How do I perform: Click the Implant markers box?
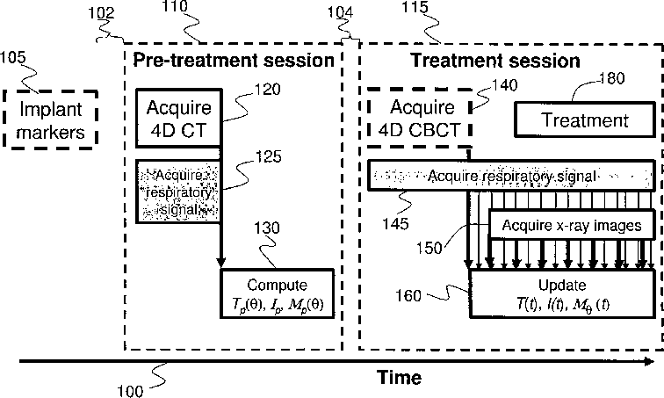click(51, 119)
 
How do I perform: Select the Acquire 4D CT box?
click(178, 118)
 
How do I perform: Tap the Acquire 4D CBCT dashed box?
click(419, 118)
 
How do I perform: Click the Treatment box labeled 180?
click(585, 119)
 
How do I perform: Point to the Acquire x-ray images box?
click(572, 225)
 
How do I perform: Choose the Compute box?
click(278, 293)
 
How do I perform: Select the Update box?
click(562, 293)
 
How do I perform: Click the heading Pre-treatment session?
click(234, 60)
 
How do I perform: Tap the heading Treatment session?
click(495, 61)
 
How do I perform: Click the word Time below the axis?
click(399, 377)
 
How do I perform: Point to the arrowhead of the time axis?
click(650, 361)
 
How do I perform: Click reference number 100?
click(130, 391)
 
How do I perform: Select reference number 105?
click(12, 57)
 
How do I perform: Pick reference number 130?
click(267, 228)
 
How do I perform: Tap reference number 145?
click(395, 223)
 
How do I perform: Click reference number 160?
click(408, 295)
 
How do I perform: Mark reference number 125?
click(268, 156)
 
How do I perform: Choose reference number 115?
click(415, 7)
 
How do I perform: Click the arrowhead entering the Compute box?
click(220, 263)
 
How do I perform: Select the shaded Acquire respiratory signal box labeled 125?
click(178, 192)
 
